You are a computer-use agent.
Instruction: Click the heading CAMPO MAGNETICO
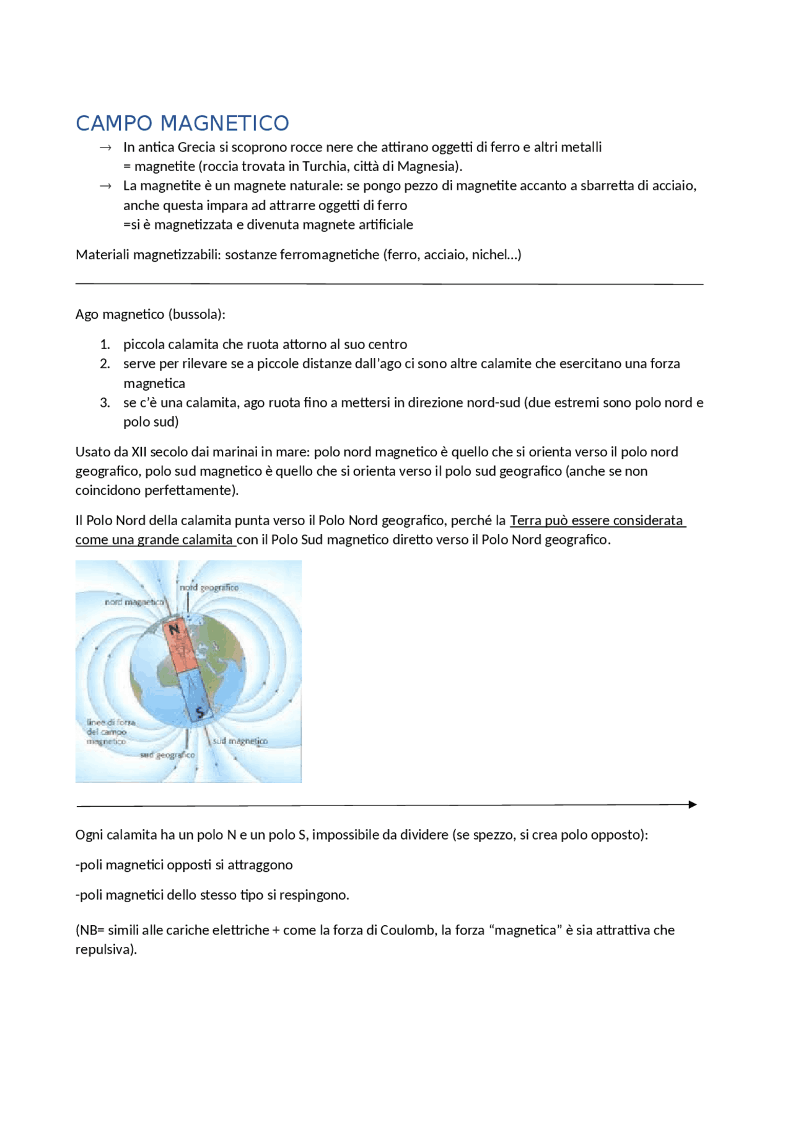click(x=182, y=123)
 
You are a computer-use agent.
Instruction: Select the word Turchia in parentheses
click(x=325, y=167)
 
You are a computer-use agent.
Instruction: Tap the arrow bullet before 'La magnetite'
click(x=105, y=186)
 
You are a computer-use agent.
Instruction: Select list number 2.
click(x=105, y=364)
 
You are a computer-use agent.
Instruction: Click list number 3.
click(x=105, y=403)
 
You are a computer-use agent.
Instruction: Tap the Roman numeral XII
click(x=139, y=452)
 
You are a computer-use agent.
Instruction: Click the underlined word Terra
click(x=525, y=521)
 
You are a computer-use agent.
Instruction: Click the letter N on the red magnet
click(x=174, y=629)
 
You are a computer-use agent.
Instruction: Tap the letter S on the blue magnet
click(x=199, y=712)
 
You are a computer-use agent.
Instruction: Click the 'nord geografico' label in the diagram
click(x=209, y=587)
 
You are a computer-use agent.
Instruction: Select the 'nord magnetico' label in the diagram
click(x=134, y=602)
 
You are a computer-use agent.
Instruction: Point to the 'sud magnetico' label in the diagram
click(x=240, y=741)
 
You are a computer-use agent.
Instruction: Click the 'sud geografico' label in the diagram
click(x=167, y=755)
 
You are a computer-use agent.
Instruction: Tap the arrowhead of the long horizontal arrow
click(x=692, y=805)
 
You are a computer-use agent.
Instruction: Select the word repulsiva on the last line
click(x=103, y=950)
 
